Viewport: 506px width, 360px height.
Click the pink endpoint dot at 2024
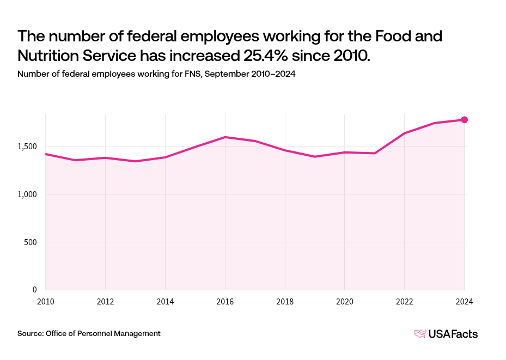click(464, 120)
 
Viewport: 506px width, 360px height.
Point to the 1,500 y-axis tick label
click(26, 147)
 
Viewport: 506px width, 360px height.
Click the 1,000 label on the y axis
click(26, 194)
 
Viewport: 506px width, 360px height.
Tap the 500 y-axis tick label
click(30, 242)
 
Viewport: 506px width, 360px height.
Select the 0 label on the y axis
click(34, 290)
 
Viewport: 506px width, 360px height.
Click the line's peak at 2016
click(225, 137)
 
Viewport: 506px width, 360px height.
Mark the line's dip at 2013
click(135, 161)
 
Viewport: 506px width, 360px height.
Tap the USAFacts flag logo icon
click(420, 334)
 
